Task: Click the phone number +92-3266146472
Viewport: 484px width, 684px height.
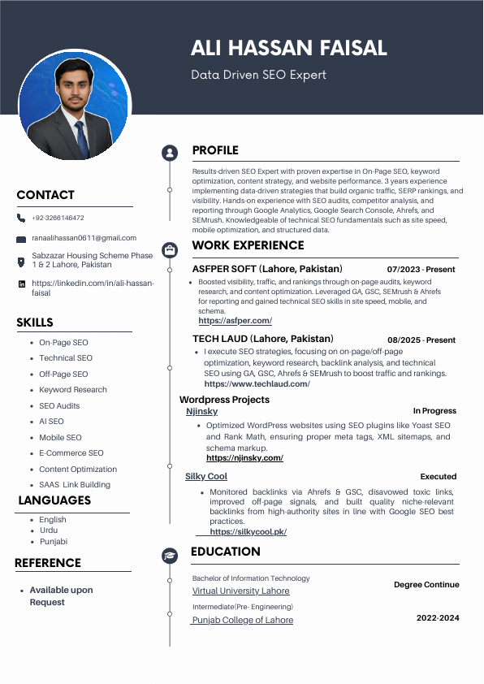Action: (x=58, y=218)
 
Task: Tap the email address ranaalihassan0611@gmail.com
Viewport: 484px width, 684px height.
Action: (x=84, y=238)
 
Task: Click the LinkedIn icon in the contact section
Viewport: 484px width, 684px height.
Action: (x=22, y=284)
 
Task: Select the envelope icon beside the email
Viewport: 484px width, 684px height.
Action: (x=22, y=239)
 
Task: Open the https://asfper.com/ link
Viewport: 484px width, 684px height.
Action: (x=235, y=321)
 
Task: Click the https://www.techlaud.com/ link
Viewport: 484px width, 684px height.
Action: (x=257, y=384)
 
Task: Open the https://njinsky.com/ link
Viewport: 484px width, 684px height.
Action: (x=244, y=458)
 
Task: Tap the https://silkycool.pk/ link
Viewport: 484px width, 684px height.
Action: (x=248, y=532)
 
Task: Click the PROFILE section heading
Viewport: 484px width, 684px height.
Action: (x=215, y=150)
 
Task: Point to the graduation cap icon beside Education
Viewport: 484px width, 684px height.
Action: (x=170, y=556)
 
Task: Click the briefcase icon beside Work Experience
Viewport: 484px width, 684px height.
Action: (x=170, y=249)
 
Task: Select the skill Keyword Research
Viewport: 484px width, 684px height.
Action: (x=73, y=390)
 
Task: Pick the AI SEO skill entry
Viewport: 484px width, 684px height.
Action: (x=51, y=422)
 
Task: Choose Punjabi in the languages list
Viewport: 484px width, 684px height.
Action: (x=54, y=541)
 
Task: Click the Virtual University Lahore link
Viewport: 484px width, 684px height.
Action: (x=240, y=591)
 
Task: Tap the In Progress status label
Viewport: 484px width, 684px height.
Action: (x=434, y=411)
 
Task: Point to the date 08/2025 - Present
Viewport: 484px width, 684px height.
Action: (x=421, y=340)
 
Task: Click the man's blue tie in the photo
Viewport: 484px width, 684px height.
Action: (x=81, y=139)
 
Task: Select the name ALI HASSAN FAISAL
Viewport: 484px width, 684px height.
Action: (x=288, y=49)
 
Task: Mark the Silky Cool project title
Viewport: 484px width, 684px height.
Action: (x=206, y=477)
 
